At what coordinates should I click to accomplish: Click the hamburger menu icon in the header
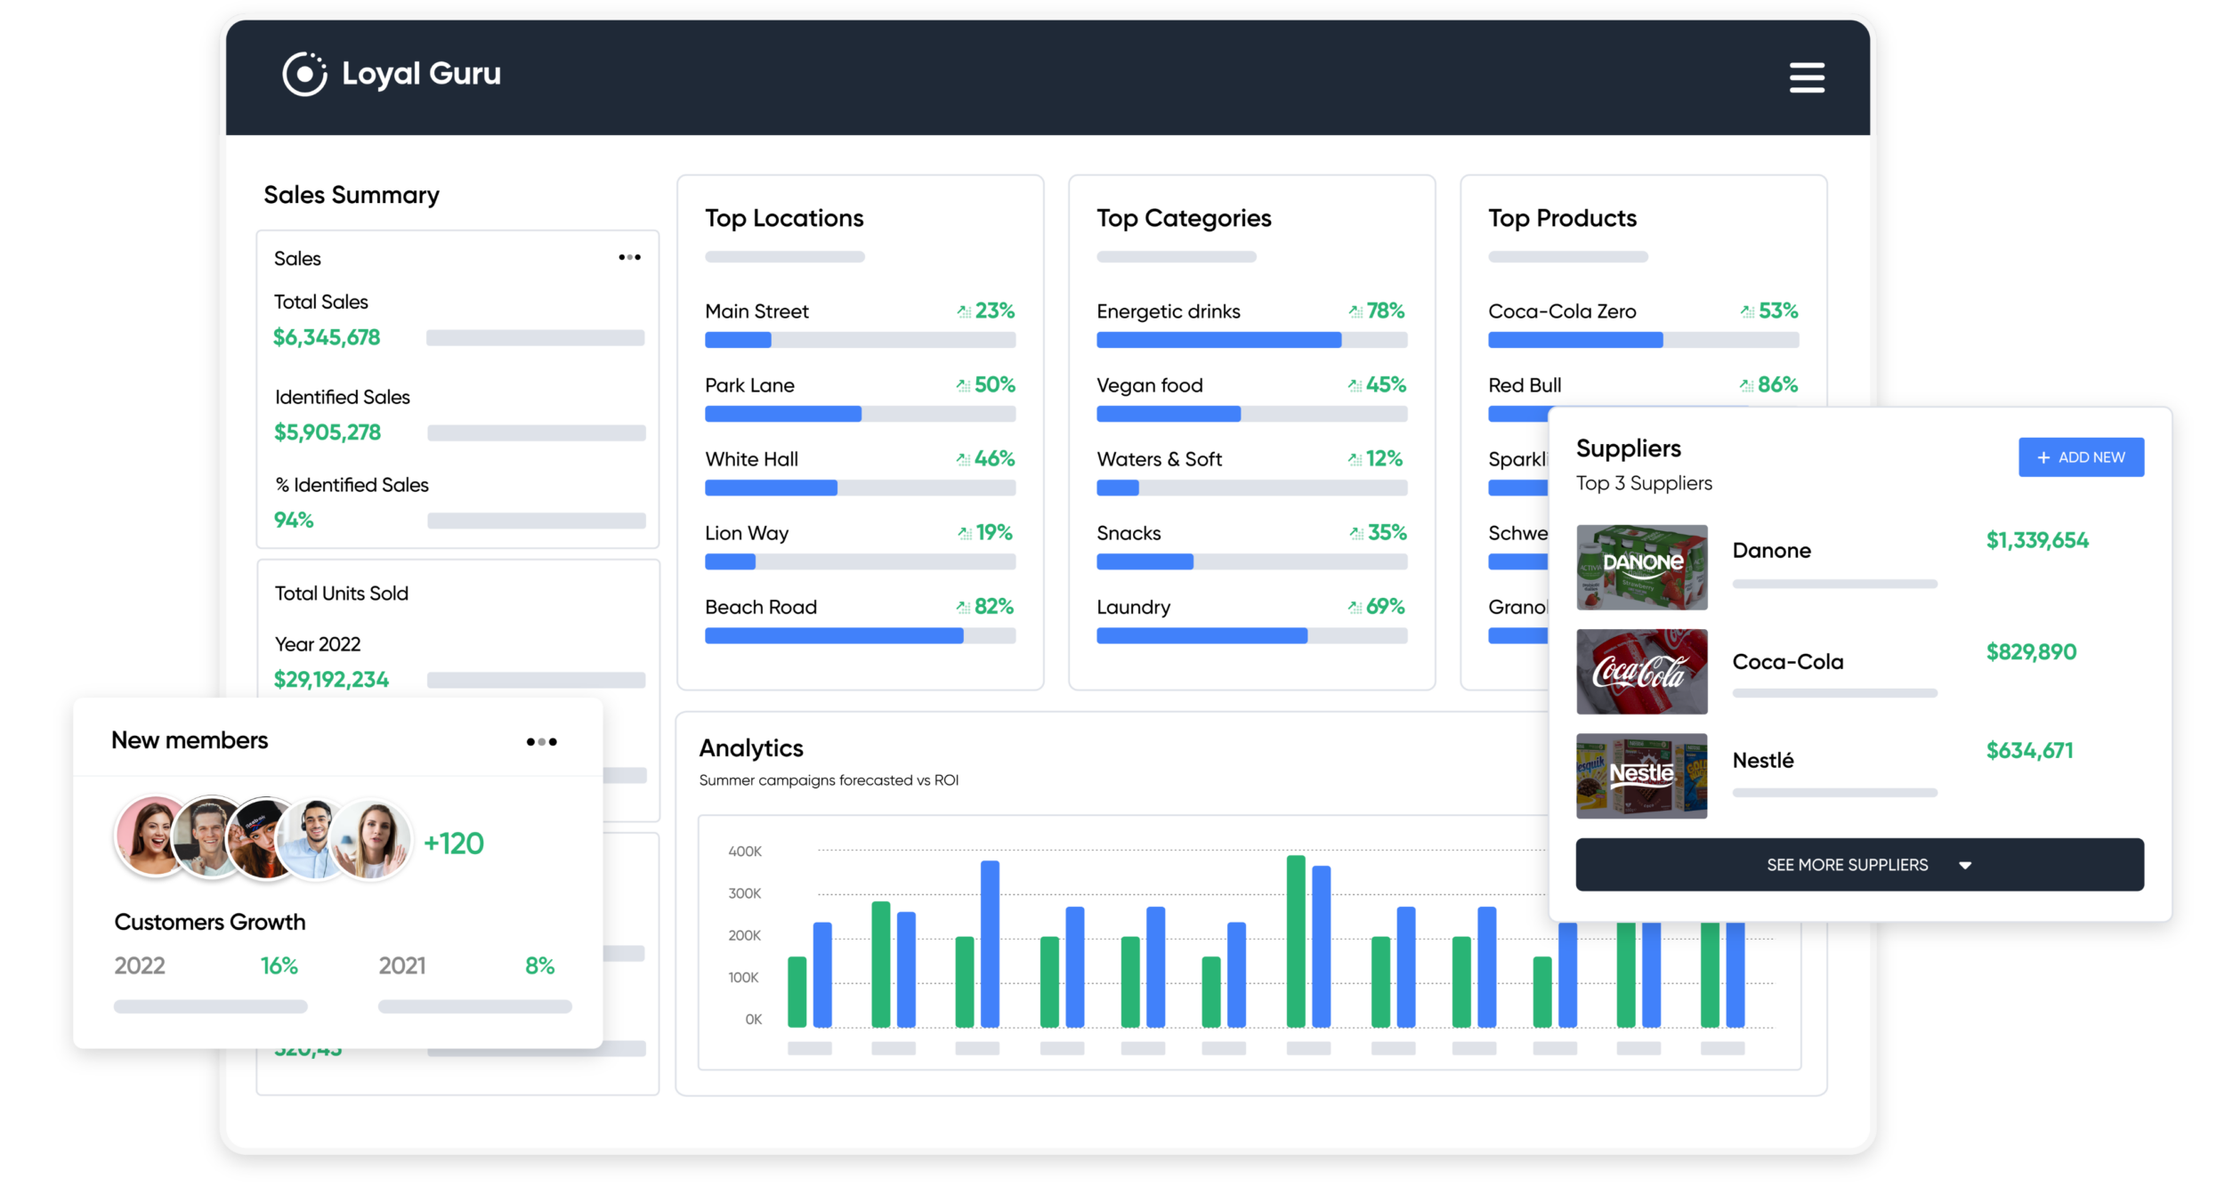1807,77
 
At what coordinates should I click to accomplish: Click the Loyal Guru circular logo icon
304,74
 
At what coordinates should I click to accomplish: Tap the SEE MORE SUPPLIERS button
1858,865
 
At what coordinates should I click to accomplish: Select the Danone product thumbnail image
1641,567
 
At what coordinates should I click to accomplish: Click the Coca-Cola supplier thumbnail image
1641,672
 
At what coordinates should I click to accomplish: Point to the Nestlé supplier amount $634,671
2029,751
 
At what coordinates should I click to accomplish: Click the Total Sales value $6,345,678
327,338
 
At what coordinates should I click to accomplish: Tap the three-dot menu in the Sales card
629,257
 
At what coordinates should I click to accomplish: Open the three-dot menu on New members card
541,741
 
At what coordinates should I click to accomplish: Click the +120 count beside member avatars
454,844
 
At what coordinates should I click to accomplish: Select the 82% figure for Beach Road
993,607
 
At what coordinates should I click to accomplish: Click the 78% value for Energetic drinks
1385,311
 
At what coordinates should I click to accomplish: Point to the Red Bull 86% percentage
1777,385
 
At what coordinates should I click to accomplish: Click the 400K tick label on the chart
744,852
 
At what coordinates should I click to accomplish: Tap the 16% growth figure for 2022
279,966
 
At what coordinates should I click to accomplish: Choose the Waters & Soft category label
1159,459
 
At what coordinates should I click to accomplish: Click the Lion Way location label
747,533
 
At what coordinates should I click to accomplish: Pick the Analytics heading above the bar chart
751,748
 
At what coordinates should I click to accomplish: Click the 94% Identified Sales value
294,521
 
